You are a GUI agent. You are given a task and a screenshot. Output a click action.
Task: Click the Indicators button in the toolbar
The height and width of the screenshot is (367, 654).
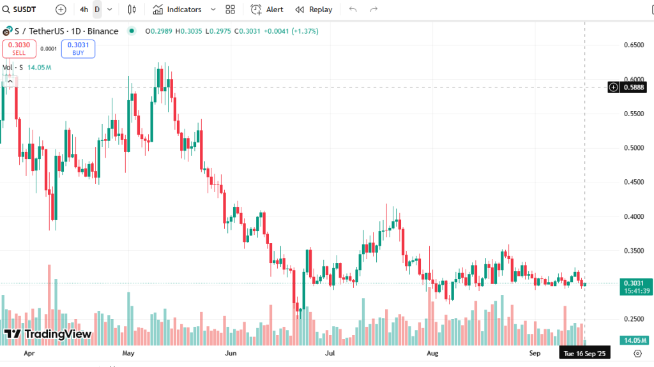click(177, 10)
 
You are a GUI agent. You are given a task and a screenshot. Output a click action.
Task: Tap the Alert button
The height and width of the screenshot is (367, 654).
click(267, 10)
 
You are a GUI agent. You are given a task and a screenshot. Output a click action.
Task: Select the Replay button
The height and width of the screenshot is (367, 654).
click(314, 10)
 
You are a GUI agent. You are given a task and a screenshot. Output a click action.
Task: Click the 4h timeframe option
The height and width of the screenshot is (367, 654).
click(84, 10)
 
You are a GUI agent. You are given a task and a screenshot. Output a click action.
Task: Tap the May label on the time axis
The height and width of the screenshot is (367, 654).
click(128, 352)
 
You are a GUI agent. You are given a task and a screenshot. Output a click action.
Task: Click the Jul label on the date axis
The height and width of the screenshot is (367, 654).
click(330, 352)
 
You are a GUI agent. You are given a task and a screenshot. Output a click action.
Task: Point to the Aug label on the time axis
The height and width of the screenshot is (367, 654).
click(432, 352)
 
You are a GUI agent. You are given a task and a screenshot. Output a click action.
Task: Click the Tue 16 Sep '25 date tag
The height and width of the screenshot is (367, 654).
click(584, 352)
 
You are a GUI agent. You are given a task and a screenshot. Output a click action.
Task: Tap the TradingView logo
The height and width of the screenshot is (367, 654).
click(48, 334)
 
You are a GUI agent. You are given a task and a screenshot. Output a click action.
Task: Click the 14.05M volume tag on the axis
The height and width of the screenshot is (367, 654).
click(634, 340)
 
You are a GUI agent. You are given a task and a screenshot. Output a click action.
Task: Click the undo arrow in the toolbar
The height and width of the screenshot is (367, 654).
click(353, 10)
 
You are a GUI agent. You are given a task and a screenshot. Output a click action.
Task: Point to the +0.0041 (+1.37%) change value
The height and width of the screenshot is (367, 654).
click(288, 31)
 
